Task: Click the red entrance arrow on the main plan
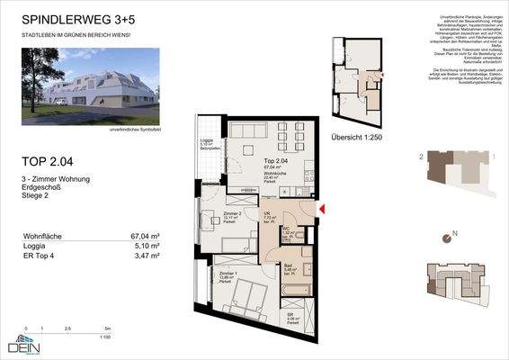click(323, 210)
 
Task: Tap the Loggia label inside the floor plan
click(206, 139)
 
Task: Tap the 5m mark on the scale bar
click(107, 329)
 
